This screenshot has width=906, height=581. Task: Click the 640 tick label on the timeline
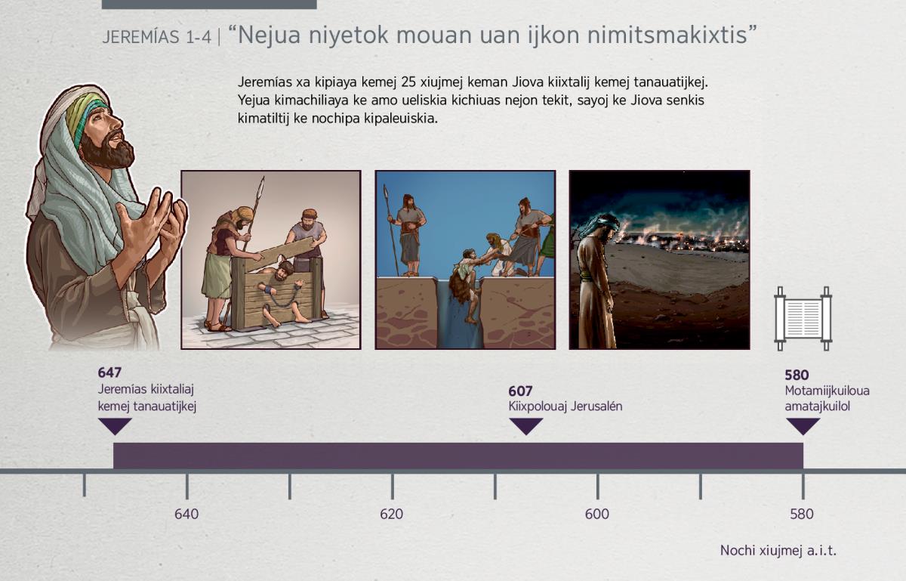(186, 514)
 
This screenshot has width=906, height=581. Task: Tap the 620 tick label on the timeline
(392, 514)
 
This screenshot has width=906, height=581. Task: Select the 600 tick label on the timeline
(597, 514)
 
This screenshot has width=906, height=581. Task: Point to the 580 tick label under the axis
(802, 514)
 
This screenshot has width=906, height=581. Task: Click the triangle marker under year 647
(115, 426)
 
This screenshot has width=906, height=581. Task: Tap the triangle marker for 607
(525, 426)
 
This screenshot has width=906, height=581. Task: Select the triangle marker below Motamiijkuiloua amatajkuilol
(803, 426)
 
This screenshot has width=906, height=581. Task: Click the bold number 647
(109, 372)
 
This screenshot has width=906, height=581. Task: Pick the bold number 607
(520, 391)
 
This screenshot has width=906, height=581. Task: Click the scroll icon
(803, 319)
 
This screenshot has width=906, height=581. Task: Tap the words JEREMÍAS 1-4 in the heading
(156, 37)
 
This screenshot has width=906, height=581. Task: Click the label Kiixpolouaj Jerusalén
(565, 406)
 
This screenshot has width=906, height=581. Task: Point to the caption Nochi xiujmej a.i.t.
(778, 551)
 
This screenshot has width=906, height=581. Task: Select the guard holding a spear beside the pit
(408, 234)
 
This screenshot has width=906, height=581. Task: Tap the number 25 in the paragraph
(408, 82)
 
